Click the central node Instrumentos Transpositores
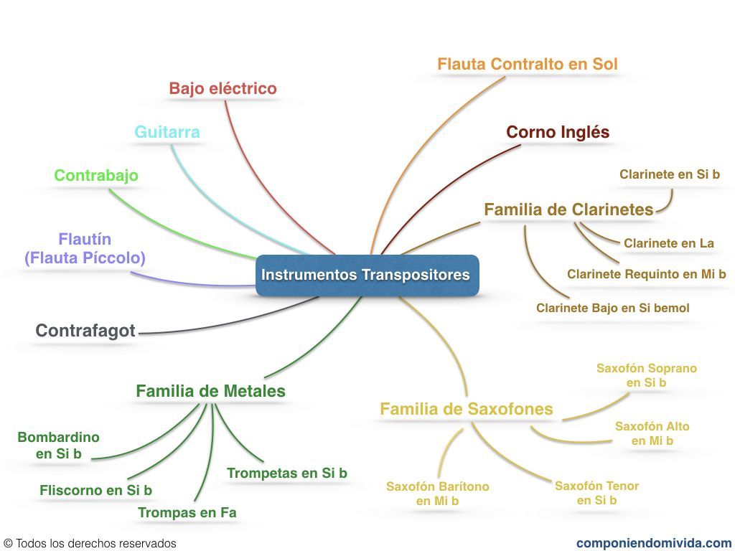click(x=366, y=275)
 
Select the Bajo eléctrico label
click(x=223, y=88)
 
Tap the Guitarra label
click(x=167, y=132)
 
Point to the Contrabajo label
click(x=96, y=175)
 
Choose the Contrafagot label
click(x=85, y=331)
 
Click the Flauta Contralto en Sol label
click(x=527, y=64)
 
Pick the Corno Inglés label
click(x=558, y=132)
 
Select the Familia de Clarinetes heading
click(x=568, y=209)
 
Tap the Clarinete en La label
click(x=668, y=243)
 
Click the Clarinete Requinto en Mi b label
click(x=646, y=274)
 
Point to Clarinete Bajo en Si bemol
click(x=612, y=308)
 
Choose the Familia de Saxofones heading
click(x=466, y=409)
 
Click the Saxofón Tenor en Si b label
click(x=596, y=493)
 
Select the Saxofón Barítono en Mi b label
click(x=437, y=494)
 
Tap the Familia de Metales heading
click(x=210, y=391)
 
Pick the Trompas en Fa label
click(x=187, y=512)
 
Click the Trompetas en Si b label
click(x=286, y=473)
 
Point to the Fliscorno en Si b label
click(x=95, y=491)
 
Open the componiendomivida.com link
click(x=653, y=543)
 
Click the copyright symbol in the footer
click(x=8, y=544)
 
